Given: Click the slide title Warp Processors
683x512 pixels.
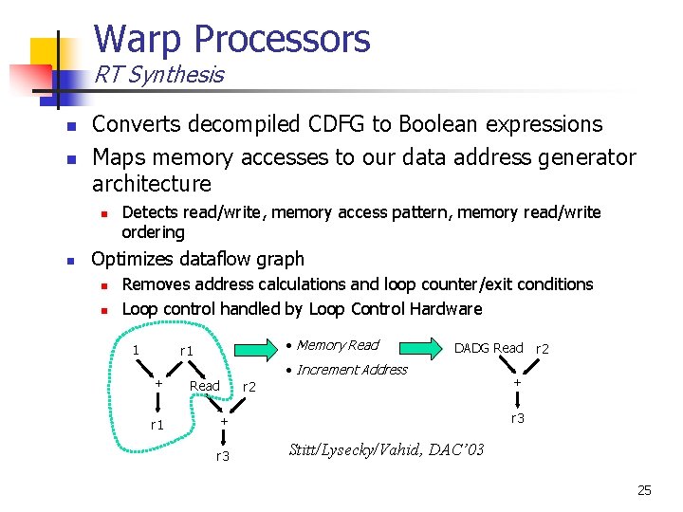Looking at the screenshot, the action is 231,39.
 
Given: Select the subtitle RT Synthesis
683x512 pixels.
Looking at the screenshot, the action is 158,75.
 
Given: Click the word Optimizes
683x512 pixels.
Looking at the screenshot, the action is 133,259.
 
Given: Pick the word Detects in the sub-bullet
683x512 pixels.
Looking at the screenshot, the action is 150,212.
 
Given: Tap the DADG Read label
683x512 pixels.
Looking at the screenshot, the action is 489,348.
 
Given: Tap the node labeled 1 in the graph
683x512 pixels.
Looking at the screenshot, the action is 137,351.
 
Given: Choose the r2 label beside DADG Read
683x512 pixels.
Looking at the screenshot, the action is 544,349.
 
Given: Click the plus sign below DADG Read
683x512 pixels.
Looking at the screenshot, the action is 517,382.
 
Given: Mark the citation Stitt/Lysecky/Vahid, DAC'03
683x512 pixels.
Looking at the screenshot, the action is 385,449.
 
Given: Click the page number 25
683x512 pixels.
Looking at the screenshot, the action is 645,490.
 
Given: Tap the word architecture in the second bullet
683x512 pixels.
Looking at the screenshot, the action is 152,183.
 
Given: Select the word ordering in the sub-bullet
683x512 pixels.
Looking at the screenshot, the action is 154,232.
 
